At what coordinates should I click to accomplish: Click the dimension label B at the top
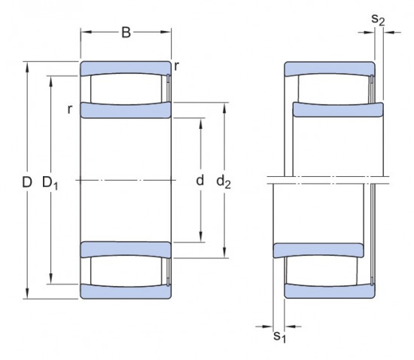pos(126,32)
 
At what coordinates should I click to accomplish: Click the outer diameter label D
pos(26,182)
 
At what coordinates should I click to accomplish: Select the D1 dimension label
pos(50,182)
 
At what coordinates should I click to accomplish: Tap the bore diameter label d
pos(199,181)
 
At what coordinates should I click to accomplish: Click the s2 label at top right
pos(378,20)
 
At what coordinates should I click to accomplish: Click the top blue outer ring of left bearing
pos(125,68)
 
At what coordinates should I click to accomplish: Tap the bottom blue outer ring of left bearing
pos(125,292)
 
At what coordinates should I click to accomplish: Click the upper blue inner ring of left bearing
pos(126,111)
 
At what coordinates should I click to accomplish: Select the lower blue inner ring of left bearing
pos(126,249)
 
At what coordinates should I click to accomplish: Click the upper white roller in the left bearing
pos(125,90)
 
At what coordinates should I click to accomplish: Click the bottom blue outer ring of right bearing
pos(329,291)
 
